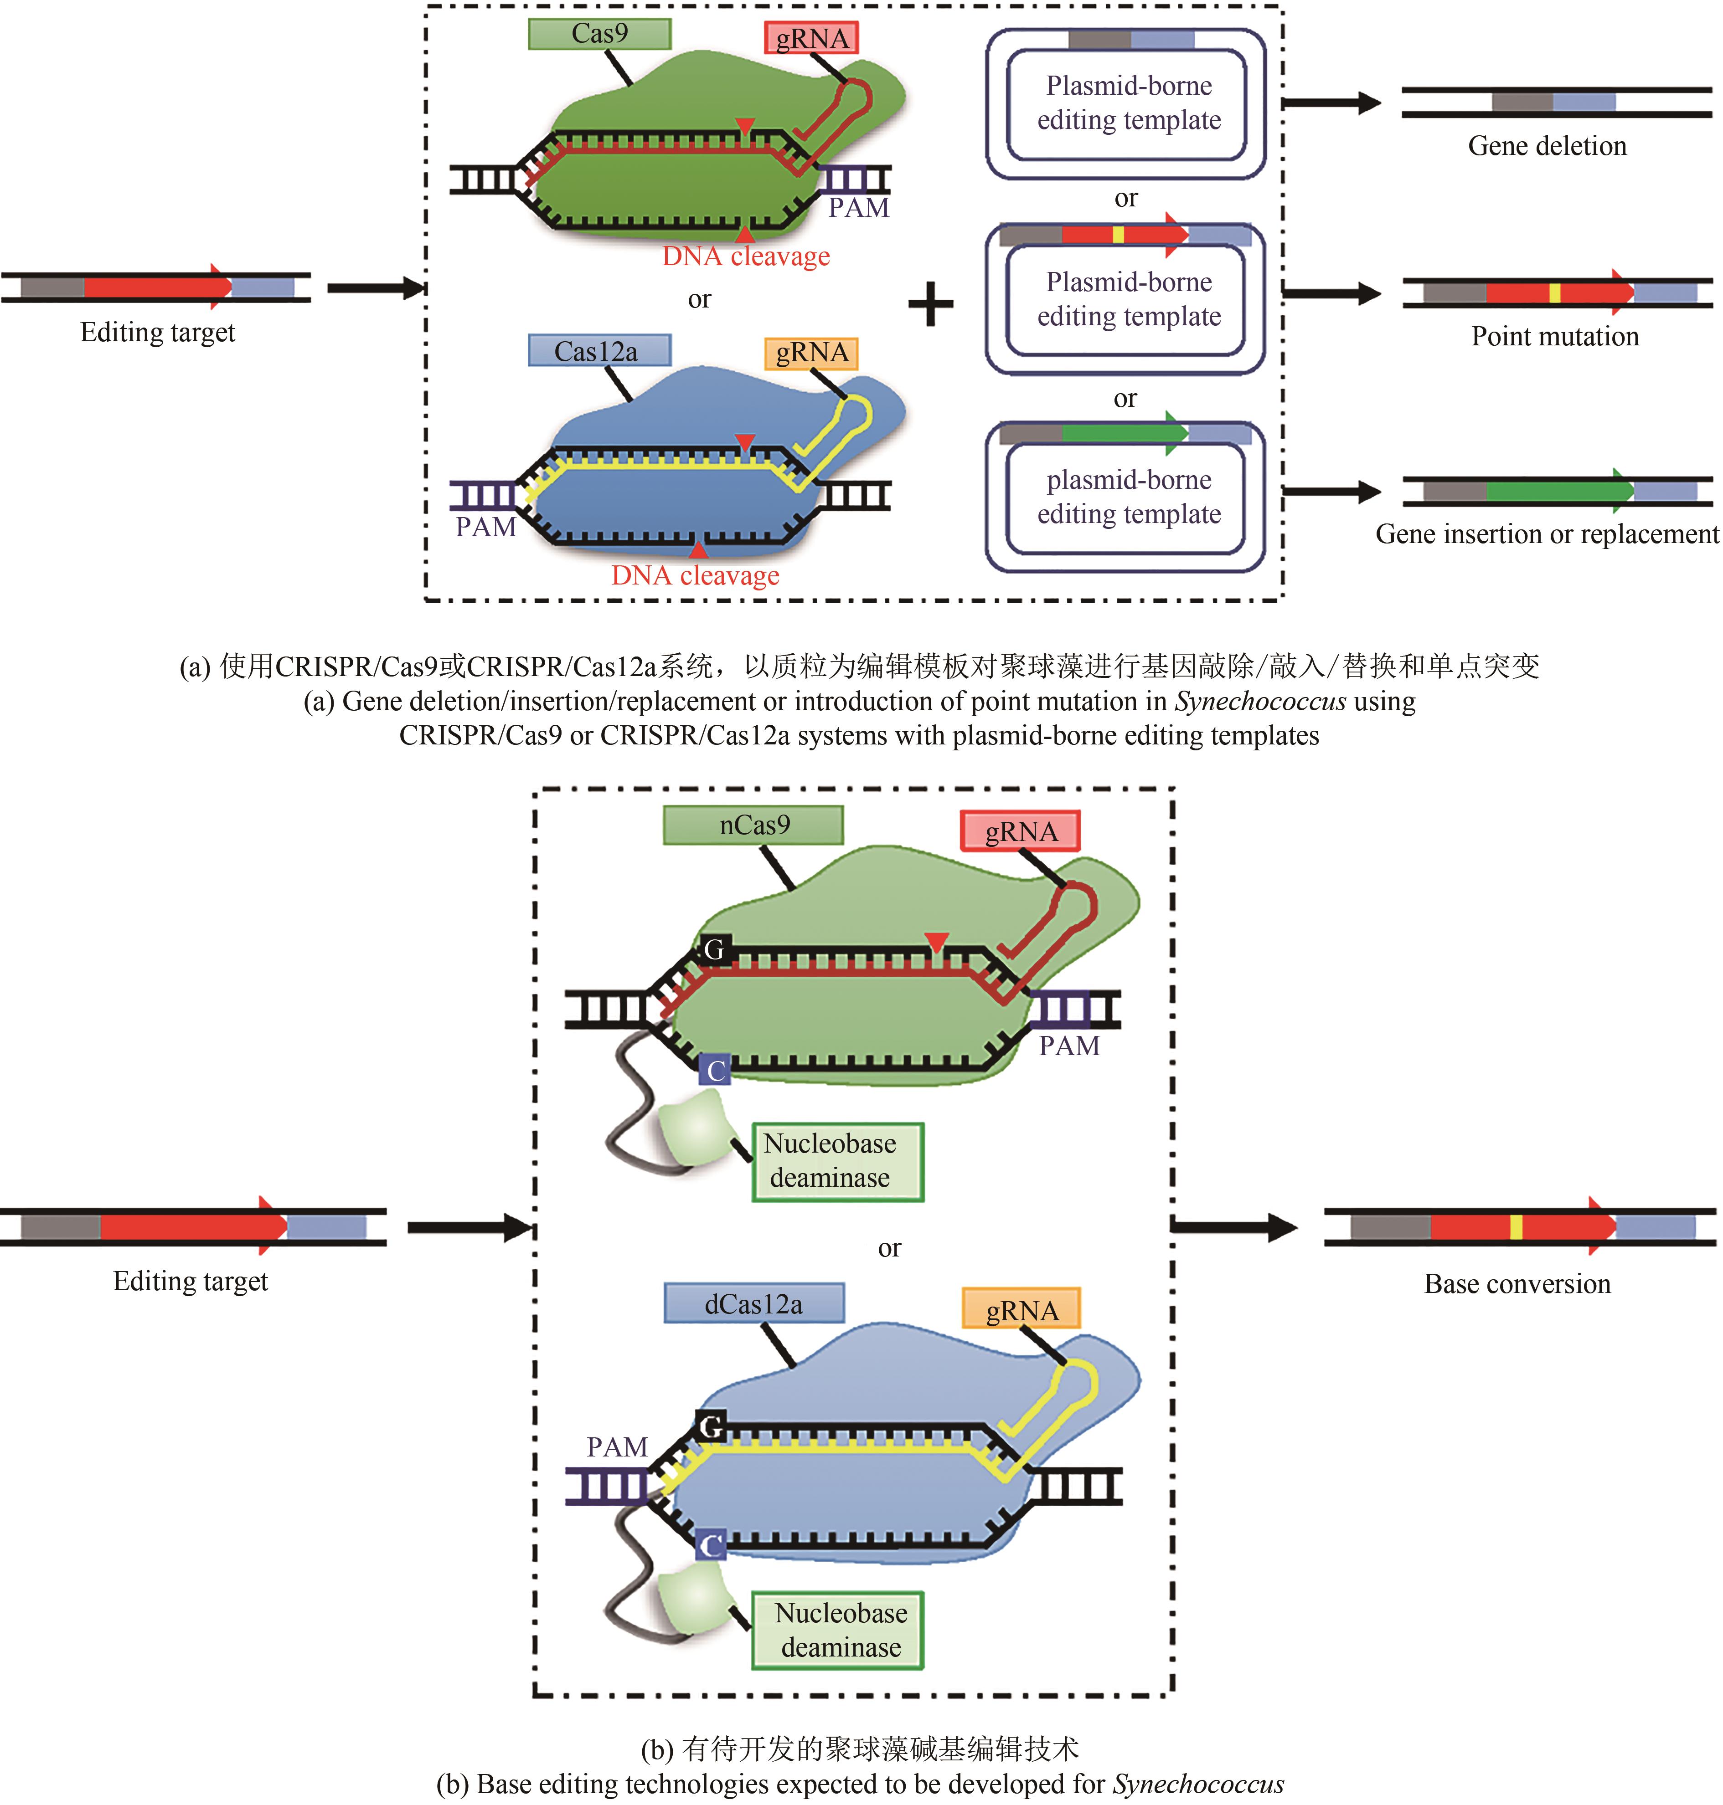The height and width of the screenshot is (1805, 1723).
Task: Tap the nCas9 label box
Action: (753, 825)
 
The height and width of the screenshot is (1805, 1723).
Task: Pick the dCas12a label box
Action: (753, 1304)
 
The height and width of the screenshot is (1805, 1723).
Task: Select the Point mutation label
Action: (1554, 336)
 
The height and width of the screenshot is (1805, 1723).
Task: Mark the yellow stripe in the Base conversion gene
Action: (1516, 1226)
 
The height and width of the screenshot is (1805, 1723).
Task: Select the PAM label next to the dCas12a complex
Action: (617, 1447)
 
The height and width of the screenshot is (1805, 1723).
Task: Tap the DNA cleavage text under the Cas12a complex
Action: (695, 576)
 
